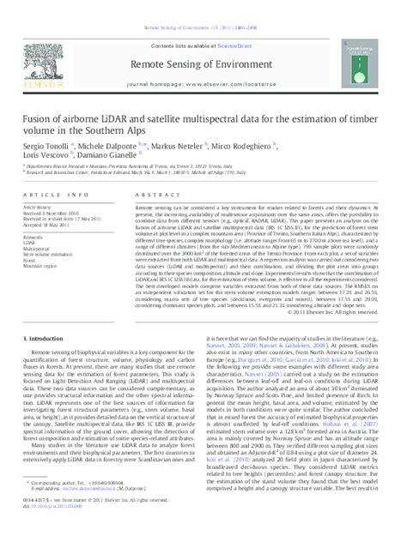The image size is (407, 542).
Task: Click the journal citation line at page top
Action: click(x=203, y=6)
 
